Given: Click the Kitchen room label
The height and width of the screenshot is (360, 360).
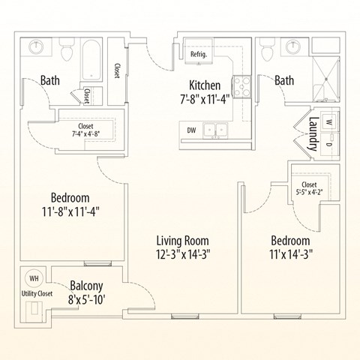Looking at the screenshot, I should point(204,85).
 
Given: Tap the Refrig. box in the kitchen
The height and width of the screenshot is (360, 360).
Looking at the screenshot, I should point(199,54).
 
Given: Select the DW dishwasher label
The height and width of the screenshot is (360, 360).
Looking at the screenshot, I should point(193,130).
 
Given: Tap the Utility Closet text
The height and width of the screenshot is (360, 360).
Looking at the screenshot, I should point(36,293).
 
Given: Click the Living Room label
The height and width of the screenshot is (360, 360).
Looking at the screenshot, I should point(183,240).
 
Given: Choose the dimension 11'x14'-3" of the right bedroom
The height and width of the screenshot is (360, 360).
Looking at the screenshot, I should point(291,253).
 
